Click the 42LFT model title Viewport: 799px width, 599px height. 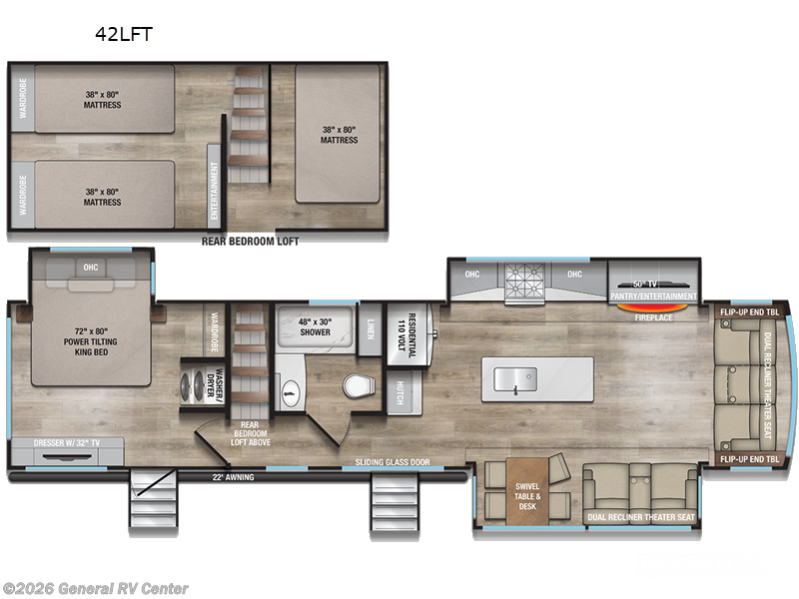(x=124, y=32)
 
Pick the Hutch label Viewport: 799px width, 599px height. (x=399, y=391)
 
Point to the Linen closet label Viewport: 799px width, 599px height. (x=370, y=325)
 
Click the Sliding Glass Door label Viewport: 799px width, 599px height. (x=394, y=463)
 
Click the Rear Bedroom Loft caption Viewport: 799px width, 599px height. (x=250, y=241)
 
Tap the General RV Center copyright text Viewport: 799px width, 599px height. (x=95, y=588)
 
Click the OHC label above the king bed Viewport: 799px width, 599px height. (x=90, y=268)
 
